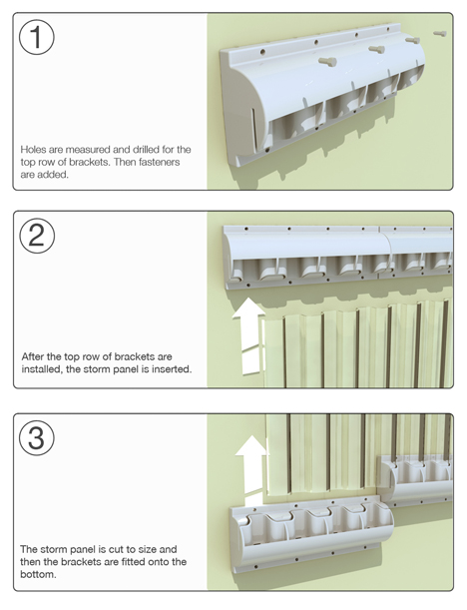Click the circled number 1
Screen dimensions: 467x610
coord(37,37)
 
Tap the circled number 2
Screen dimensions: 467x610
coord(37,236)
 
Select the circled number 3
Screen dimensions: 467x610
coord(37,437)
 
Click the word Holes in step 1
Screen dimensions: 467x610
coord(32,150)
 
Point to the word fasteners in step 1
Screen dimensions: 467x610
coord(159,162)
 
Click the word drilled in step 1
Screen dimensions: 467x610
coord(147,150)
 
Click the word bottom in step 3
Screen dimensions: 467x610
coord(37,574)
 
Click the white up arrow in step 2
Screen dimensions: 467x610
coord(248,336)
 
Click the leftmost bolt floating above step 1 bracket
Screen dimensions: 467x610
coord(327,62)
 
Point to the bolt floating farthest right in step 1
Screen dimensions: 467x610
coord(440,34)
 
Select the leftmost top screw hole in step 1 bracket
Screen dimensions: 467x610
coord(263,51)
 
